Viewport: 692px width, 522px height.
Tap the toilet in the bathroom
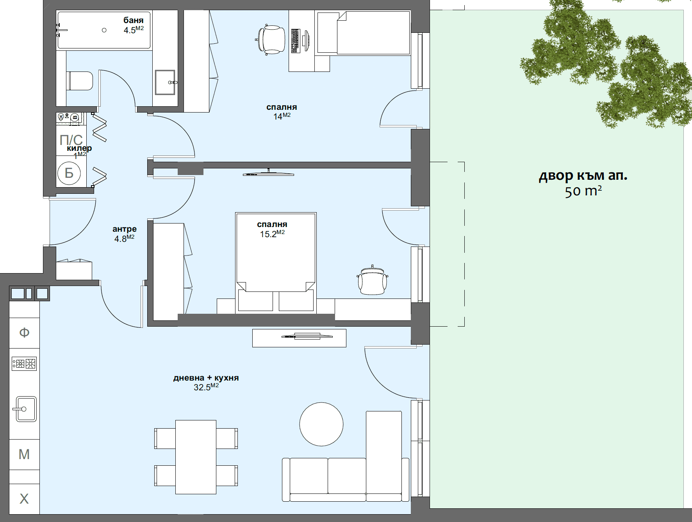[x=80, y=80]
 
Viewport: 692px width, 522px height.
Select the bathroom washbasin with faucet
[x=165, y=82]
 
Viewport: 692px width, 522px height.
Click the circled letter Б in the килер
[x=69, y=173]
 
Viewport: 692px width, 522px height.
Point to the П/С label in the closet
[x=71, y=139]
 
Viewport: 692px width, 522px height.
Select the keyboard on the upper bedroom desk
[x=295, y=41]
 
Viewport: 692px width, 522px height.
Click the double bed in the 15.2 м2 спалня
[x=276, y=254]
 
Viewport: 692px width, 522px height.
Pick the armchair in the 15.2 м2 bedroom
[x=373, y=281]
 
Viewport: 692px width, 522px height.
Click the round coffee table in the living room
[x=321, y=424]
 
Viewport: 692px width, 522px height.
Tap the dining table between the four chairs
[x=196, y=457]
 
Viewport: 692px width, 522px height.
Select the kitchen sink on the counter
[x=26, y=409]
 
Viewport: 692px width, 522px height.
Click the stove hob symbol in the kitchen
[x=24, y=364]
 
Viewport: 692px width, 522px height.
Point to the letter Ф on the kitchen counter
[x=24, y=333]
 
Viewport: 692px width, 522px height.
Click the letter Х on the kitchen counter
[x=24, y=499]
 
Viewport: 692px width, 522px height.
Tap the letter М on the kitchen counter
[x=24, y=454]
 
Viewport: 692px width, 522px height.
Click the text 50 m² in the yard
[x=583, y=191]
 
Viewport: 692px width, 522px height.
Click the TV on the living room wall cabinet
[x=307, y=336]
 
